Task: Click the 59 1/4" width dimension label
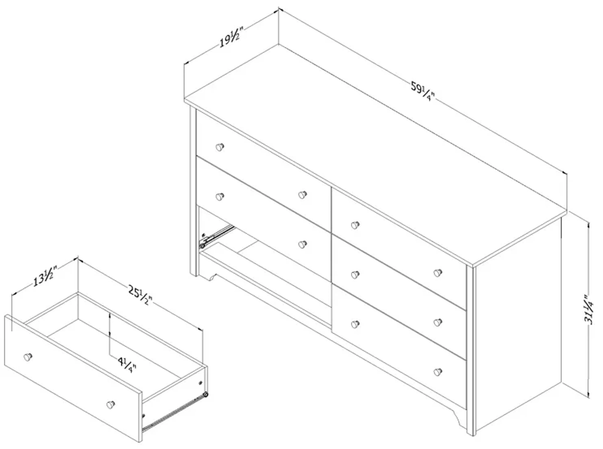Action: point(422,92)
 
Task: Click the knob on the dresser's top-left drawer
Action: point(220,147)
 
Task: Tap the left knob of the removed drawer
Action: point(28,357)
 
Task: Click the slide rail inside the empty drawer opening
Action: point(218,235)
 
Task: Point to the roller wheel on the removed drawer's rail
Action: point(206,394)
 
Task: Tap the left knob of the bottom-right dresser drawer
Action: point(355,324)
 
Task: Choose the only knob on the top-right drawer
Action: point(355,225)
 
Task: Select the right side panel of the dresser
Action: point(517,326)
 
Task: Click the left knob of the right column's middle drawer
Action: point(355,275)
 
